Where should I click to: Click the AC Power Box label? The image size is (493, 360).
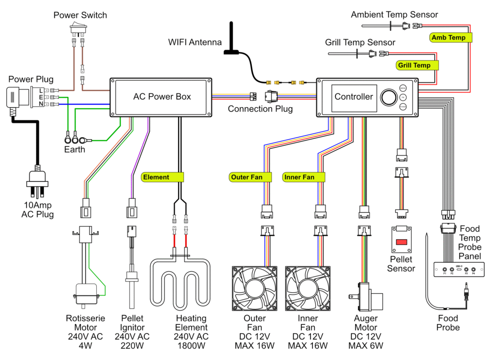pos(162,97)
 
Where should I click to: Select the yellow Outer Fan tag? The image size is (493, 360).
pos(246,177)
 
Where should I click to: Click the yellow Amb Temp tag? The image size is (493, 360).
pos(448,38)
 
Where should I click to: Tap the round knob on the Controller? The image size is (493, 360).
pos(388,97)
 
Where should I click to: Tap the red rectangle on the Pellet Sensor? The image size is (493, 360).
pos(401,241)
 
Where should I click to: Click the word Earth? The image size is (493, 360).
pos(75,149)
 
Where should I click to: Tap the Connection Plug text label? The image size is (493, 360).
pos(260,109)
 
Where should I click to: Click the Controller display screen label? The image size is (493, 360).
pos(354,97)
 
